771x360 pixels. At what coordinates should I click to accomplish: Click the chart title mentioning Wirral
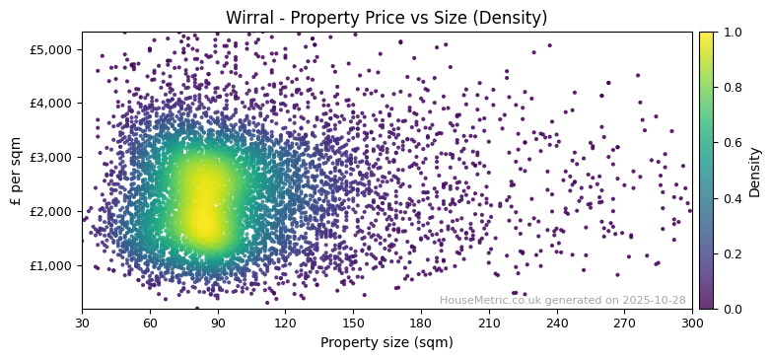386,18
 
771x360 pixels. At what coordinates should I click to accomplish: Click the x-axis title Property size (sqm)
386,343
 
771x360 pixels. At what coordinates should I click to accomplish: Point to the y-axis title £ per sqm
16,171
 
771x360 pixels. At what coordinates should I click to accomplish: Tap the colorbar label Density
755,171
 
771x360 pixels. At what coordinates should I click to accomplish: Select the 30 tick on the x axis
82,323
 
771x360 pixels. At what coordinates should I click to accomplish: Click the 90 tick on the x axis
218,323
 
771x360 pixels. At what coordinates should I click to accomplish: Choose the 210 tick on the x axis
489,323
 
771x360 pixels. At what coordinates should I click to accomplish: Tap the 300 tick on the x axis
692,323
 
